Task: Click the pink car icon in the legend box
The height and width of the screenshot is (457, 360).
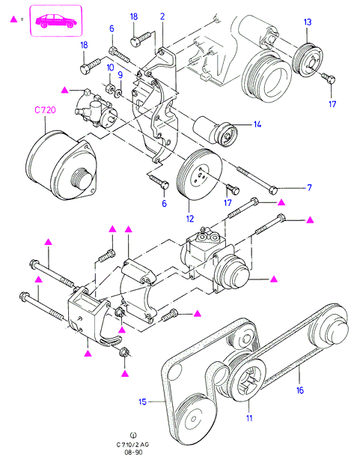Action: click(56, 21)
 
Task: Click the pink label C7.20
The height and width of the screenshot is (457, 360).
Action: click(45, 110)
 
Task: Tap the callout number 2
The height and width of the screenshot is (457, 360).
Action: click(162, 16)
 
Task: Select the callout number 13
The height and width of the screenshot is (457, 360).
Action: click(308, 22)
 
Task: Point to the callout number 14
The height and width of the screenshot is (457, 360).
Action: click(257, 124)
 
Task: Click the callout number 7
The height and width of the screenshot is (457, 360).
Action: click(309, 188)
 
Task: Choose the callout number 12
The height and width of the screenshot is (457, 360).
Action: click(190, 219)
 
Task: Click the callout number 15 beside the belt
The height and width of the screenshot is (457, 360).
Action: click(142, 402)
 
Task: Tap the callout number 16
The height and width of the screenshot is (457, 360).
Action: click(300, 390)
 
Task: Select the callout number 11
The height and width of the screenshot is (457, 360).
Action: click(249, 418)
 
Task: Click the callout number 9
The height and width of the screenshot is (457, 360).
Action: click(120, 75)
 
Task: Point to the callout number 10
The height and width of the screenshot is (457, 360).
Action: click(110, 67)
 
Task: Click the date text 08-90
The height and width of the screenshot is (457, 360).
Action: click(133, 452)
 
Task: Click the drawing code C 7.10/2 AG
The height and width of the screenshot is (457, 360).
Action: click(132, 445)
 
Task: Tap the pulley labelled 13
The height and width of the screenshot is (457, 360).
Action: click(308, 60)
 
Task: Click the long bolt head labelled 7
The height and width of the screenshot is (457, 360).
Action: click(273, 190)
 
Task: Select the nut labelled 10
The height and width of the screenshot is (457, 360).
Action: click(109, 88)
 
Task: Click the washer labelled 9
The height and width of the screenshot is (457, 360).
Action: click(118, 94)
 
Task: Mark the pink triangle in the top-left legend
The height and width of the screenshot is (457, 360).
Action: click(13, 19)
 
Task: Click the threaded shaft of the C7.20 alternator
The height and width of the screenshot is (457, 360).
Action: click(80, 178)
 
